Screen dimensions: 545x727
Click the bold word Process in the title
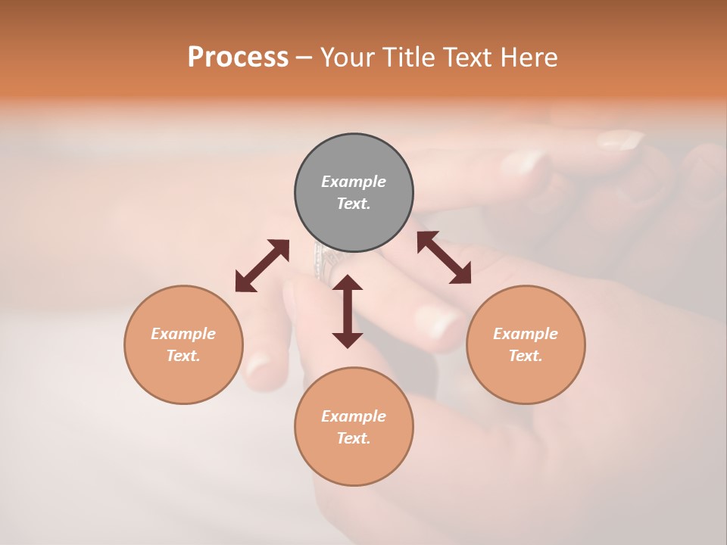tap(238, 58)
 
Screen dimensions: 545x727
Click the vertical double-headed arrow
tap(348, 311)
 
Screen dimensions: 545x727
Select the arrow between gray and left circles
tap(262, 266)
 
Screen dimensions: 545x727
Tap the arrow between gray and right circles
tap(444, 257)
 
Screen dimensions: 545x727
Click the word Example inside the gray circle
tap(354, 182)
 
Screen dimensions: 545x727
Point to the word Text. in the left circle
tap(183, 356)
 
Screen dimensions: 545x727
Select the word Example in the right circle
tap(526, 334)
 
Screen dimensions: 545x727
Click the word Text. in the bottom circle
tap(354, 438)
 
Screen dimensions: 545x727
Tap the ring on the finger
tap(324, 262)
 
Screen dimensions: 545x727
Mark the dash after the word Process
tap(304, 58)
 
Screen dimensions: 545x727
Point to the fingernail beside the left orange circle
tap(259, 367)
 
